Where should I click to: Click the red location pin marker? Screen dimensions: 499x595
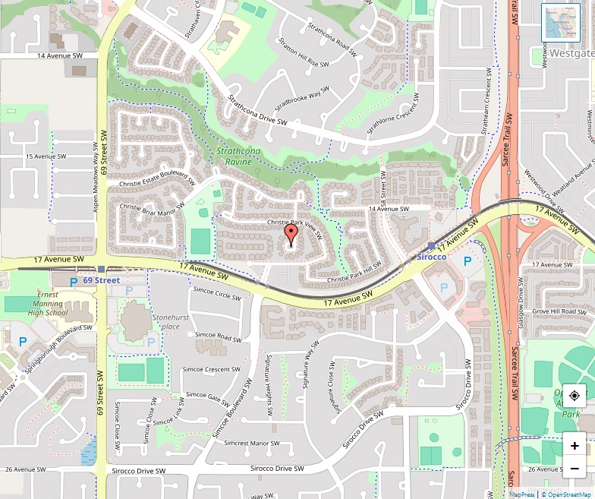(290, 234)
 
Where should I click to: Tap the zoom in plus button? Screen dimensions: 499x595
(575, 446)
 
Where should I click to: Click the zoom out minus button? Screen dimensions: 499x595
(575, 469)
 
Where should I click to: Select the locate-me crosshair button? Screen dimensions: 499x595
(575, 396)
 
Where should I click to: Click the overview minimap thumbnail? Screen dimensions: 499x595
(560, 23)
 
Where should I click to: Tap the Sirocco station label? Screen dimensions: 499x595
(432, 257)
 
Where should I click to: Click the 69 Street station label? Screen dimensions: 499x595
(102, 280)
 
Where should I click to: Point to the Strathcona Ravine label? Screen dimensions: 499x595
(238, 156)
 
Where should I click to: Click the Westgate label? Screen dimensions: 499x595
(571, 54)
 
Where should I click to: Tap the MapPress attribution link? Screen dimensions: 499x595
(522, 494)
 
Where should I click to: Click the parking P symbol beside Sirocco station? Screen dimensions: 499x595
(467, 261)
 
